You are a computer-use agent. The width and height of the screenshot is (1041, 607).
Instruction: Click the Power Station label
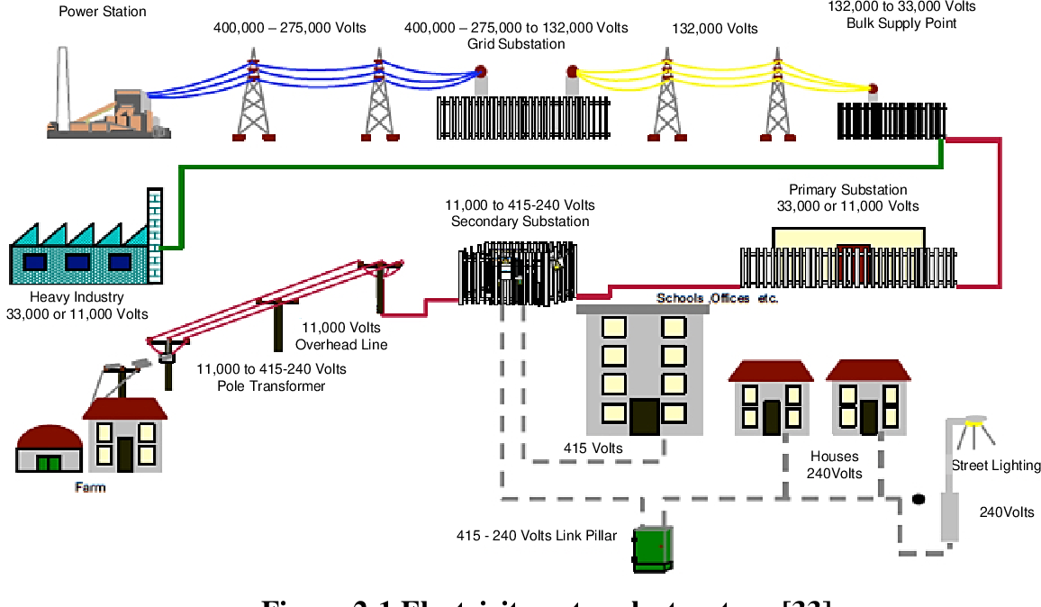click(102, 12)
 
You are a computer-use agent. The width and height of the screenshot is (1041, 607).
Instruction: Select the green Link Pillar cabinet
click(652, 548)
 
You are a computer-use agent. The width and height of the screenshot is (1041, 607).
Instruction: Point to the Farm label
click(90, 487)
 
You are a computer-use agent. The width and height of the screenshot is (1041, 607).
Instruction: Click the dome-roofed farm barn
click(49, 448)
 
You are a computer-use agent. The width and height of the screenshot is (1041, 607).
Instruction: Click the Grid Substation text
click(516, 43)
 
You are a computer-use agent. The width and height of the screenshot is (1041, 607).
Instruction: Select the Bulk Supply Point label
click(901, 23)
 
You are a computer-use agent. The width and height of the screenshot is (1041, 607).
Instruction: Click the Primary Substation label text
click(847, 190)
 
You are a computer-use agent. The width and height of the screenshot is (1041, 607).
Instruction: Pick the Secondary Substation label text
click(520, 222)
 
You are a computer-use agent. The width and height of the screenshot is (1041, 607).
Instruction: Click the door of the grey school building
click(644, 416)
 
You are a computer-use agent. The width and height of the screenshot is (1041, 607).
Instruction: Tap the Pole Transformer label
click(271, 385)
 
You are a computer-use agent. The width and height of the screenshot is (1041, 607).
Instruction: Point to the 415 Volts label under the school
click(593, 448)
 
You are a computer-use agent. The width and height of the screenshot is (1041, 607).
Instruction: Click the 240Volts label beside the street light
click(1007, 512)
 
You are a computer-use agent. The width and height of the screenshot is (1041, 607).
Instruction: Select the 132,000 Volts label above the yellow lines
click(715, 29)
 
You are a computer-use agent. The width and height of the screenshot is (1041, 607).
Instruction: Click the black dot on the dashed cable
click(919, 499)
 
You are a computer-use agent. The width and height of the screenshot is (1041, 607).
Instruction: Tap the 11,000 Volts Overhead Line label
click(341, 336)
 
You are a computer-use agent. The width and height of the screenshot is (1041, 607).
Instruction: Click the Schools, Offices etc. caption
click(717, 298)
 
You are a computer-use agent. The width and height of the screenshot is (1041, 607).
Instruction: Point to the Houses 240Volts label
click(834, 465)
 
